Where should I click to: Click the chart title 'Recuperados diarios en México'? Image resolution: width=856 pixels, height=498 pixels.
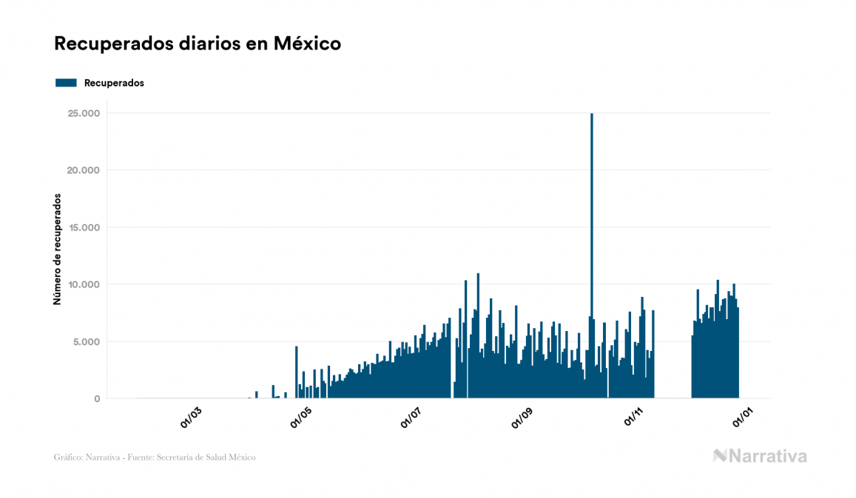tap(197, 44)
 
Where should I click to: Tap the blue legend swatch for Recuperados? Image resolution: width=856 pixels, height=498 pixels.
tap(66, 83)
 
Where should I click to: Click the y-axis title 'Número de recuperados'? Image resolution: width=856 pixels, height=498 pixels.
tap(57, 249)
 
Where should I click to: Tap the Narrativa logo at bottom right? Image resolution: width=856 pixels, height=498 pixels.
tap(760, 456)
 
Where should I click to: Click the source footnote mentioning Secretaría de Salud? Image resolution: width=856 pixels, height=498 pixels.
tap(155, 457)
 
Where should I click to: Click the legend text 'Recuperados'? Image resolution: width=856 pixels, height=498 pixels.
tap(114, 83)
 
